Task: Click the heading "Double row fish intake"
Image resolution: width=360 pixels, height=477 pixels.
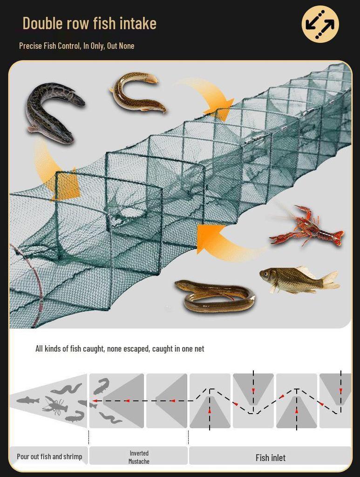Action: tap(89, 23)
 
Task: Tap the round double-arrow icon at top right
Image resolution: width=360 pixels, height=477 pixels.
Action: tap(320, 24)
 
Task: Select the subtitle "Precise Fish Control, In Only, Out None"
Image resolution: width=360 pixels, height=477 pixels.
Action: tap(76, 46)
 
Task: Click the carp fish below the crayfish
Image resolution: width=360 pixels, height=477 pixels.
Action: tap(298, 280)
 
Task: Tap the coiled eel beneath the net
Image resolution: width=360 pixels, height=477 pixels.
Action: tap(215, 296)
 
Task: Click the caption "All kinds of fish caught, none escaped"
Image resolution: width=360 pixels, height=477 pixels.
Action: tap(120, 348)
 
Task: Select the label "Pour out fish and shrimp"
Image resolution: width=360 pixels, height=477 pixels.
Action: tap(49, 457)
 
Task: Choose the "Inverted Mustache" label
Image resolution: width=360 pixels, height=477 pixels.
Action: tap(139, 457)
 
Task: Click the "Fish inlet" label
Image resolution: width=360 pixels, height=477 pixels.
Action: tap(270, 457)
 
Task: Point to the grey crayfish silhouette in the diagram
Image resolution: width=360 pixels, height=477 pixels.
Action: tap(55, 405)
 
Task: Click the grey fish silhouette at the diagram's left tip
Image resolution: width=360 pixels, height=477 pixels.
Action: tap(28, 400)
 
